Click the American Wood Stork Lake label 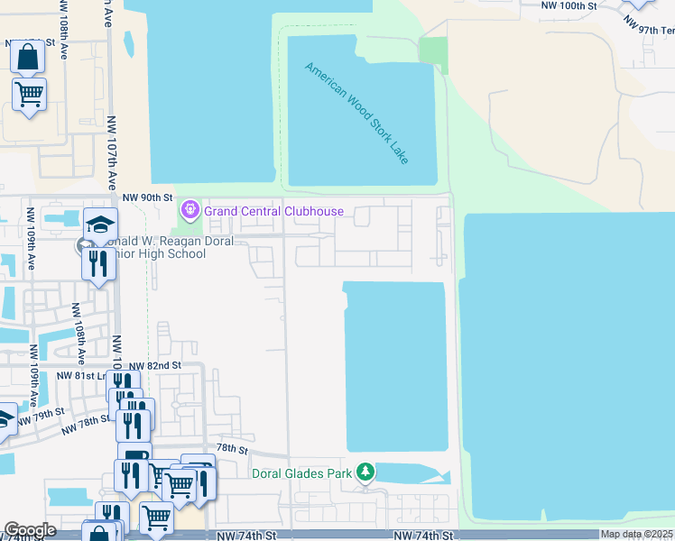pos(357,113)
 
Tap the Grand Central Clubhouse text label pos(273,211)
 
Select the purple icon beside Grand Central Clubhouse pos(190,211)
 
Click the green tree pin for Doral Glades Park pos(365,472)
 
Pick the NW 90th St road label pos(147,197)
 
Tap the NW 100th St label pos(569,5)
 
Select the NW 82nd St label pos(155,365)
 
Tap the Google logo pos(30,530)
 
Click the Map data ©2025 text pos(637,535)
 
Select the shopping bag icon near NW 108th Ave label pos(28,56)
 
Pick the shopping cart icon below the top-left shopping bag pos(30,94)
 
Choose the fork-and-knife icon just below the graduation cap pos(96,263)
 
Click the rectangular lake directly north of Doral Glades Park pos(395,365)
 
